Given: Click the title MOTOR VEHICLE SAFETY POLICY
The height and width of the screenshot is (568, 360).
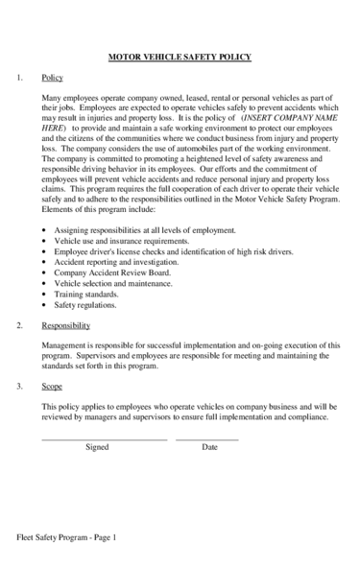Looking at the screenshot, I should tap(180, 57).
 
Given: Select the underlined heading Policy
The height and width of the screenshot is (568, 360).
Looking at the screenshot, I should tap(53, 78).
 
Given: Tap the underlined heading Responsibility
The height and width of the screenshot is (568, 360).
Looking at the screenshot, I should tap(66, 326).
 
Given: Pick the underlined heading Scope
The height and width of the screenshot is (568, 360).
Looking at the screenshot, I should tap(53, 387).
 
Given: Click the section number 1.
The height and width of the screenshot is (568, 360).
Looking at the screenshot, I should tap(20, 78).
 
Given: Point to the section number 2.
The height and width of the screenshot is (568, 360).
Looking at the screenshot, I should tap(20, 326).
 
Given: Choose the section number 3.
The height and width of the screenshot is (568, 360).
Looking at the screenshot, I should tap(20, 387).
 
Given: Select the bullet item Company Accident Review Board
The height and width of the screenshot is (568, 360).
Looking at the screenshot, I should tap(113, 272).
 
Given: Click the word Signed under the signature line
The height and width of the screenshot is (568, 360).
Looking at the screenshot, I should tap(97, 447).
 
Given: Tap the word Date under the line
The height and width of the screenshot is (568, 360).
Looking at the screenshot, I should tap(210, 447).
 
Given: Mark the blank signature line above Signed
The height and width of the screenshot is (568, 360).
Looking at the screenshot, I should tap(105, 439).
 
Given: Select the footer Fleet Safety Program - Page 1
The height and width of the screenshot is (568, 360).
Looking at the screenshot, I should tap(66, 538).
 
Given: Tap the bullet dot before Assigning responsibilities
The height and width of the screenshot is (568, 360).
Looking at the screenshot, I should tap(45, 231).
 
